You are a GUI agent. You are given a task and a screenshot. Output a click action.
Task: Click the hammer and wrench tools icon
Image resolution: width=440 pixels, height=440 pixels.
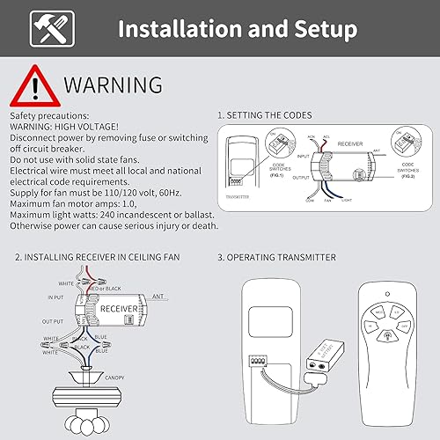click(46, 29)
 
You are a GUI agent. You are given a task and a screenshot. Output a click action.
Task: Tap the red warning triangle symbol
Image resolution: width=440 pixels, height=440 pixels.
click(33, 85)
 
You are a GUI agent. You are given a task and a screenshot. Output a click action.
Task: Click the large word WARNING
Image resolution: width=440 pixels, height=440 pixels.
click(113, 84)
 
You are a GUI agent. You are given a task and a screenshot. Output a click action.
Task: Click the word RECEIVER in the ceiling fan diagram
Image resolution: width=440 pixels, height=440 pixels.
click(117, 310)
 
